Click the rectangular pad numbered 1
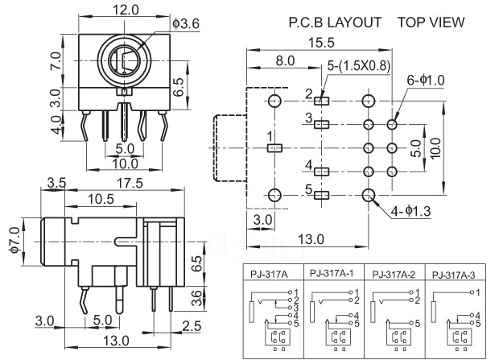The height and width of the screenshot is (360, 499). coord(274,148)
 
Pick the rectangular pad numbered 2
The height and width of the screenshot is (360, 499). coord(322,101)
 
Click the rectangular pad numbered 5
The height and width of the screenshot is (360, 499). coord(322,195)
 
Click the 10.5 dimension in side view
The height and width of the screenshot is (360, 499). coord(100,199)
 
